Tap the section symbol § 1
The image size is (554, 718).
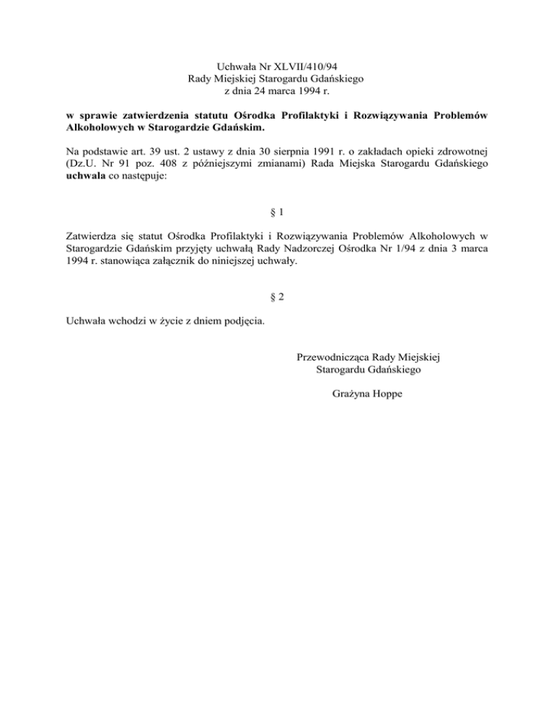tap(277, 213)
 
